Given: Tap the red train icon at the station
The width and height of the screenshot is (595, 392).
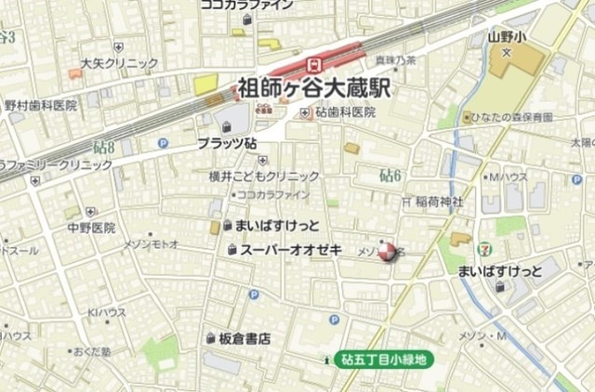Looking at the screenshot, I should point(313,64).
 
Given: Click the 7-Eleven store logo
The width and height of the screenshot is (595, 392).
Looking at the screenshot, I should point(483,249).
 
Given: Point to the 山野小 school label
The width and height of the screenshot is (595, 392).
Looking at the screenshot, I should point(506,38).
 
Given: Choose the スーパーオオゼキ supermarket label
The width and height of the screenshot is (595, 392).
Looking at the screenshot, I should point(291,250).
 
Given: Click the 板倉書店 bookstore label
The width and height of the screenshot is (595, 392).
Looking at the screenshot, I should point(245,339).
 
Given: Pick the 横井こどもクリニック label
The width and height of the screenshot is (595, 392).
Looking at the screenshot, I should point(264,176).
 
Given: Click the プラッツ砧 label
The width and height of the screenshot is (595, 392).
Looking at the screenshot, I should point(227,145).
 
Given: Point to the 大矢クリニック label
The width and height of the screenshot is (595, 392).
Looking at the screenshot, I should point(119,64).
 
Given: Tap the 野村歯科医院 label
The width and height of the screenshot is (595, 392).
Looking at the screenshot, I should point(41,105).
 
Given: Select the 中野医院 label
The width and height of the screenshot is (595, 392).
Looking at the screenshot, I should point(90,228).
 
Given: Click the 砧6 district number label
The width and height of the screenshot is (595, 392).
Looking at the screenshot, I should point(390,175).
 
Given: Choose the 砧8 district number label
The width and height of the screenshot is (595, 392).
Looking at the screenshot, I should point(104,147).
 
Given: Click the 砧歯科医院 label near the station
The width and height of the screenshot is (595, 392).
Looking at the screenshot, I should point(344,112).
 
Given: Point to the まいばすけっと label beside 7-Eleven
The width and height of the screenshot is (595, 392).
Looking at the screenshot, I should point(499,271).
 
